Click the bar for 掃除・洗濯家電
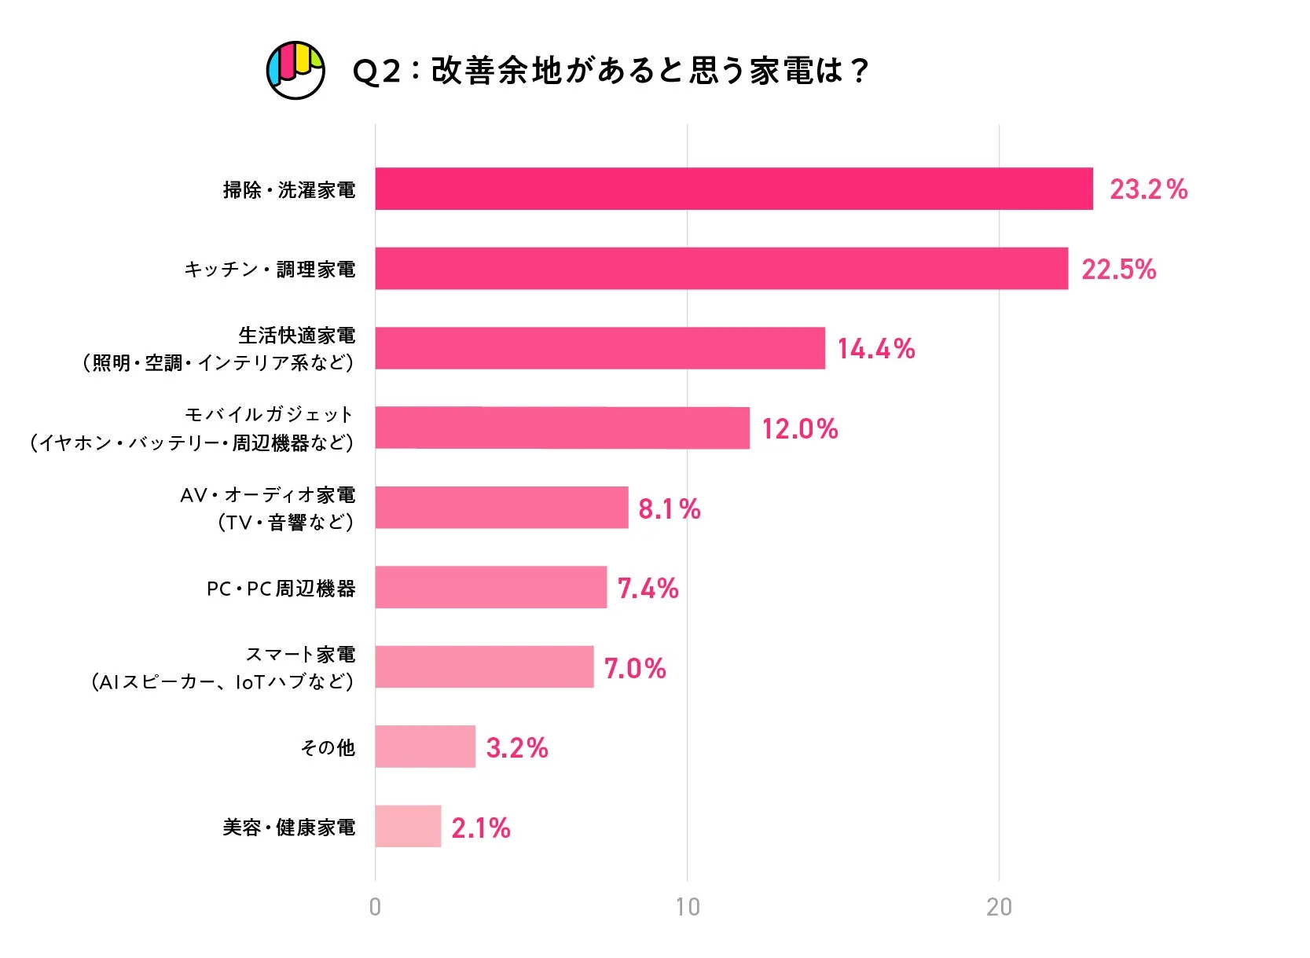[733, 189]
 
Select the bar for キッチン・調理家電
[721, 269]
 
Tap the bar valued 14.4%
[600, 348]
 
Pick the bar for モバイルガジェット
[562, 428]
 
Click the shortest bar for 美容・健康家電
[408, 827]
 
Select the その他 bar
[425, 747]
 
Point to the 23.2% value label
[1148, 189]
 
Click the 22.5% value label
[1118, 270]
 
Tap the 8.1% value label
[669, 508]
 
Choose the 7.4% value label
[648, 589]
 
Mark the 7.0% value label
[635, 669]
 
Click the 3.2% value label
[516, 748]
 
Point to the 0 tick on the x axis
[375, 907]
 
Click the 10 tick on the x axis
[687, 907]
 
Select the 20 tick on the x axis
[999, 907]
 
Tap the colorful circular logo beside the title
[295, 70]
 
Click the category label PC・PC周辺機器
[281, 589]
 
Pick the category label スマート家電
[300, 654]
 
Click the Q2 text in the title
[376, 72]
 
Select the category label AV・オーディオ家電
[267, 495]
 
